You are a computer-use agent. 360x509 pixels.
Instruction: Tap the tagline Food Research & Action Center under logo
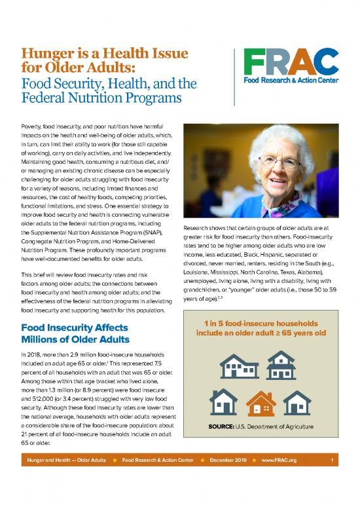288,82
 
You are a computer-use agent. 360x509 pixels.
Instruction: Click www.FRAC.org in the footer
279,497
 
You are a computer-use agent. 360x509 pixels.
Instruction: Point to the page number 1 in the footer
333,497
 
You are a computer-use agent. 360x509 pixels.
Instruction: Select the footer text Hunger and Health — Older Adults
64,497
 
